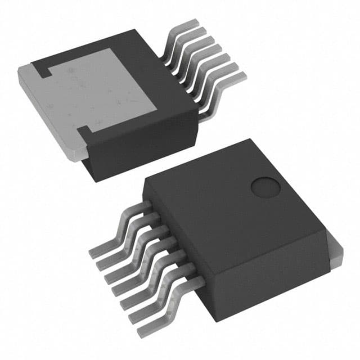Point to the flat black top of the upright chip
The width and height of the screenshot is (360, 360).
pyautogui.click(x=225, y=202)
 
